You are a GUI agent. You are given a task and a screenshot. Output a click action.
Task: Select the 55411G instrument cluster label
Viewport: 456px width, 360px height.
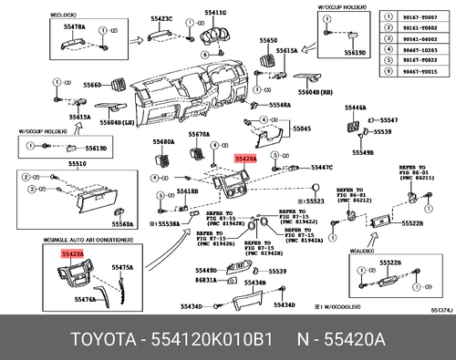point(215,13)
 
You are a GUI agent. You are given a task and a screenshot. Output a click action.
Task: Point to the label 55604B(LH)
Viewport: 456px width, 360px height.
point(119,121)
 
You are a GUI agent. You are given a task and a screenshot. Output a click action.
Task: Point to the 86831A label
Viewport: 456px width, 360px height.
point(205,281)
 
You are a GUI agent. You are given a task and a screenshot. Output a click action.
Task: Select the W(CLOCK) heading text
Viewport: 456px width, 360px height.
point(63,14)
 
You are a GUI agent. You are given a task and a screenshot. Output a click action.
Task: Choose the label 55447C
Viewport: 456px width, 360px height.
point(322,168)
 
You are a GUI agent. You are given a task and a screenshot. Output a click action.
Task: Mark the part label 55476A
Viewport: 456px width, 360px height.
point(85,299)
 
